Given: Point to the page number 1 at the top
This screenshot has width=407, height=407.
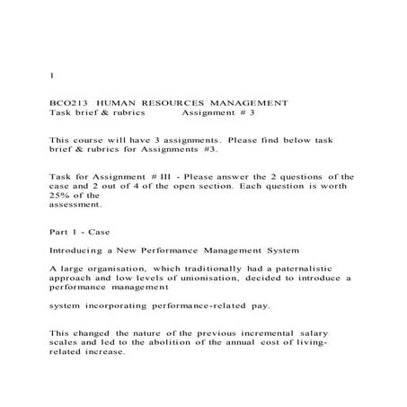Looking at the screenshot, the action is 51,76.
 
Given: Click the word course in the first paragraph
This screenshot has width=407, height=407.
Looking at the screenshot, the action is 86,141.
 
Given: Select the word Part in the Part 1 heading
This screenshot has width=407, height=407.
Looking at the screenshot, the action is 59,231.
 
